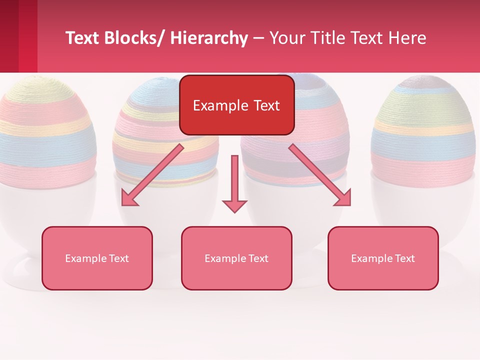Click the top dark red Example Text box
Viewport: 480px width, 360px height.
click(x=236, y=105)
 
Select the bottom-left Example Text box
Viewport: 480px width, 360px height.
click(x=97, y=258)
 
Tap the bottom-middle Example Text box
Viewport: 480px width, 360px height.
click(x=236, y=258)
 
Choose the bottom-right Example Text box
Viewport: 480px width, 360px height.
click(x=383, y=258)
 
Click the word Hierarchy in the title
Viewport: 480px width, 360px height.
click(x=208, y=38)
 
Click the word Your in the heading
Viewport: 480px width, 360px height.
click(x=285, y=38)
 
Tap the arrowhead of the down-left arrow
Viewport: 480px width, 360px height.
click(x=129, y=198)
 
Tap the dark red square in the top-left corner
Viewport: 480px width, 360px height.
click(x=18, y=36)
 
